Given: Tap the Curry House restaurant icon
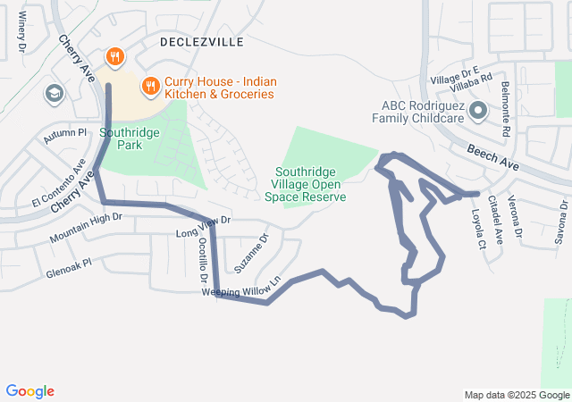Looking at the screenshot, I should click(150, 87).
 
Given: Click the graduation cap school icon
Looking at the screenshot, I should click(54, 93).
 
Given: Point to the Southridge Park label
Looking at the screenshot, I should click(130, 138).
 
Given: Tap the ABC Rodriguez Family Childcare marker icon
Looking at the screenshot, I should click(478, 112).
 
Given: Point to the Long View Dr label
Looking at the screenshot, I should click(204, 227).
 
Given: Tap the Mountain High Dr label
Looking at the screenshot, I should click(86, 228).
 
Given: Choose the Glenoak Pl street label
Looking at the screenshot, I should click(70, 270).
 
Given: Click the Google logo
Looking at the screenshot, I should click(30, 391).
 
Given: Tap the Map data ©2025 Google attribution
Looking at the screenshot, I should click(515, 395).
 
